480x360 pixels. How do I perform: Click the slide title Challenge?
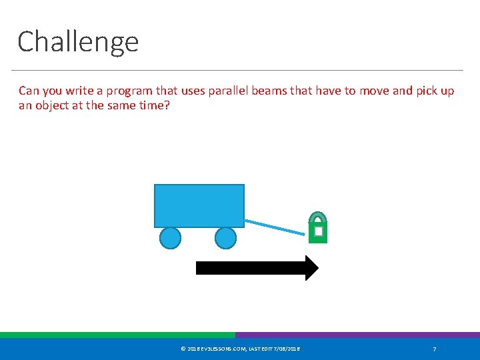tap(78, 41)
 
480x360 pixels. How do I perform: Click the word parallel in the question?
tap(227, 91)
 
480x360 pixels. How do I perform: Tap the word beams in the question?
tap(270, 91)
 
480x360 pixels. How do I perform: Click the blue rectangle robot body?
tap(199, 205)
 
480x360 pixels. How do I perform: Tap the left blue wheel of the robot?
tap(171, 238)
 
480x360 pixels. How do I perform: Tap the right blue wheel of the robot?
tap(226, 238)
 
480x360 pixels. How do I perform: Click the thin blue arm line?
tap(274, 227)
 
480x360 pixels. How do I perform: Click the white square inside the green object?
tap(319, 231)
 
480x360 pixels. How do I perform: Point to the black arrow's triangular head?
tap(311, 268)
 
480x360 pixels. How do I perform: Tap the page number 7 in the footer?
tap(435, 349)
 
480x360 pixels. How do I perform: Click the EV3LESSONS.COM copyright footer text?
tap(240, 349)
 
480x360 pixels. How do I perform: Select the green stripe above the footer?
tap(117, 335)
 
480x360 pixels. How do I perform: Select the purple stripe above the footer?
tap(357, 335)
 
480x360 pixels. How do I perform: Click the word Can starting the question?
tap(29, 91)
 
